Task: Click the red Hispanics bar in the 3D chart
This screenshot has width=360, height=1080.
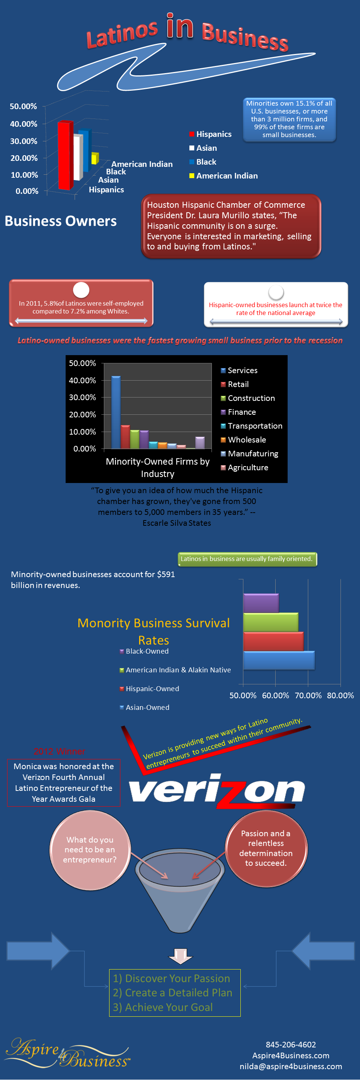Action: pos(65,155)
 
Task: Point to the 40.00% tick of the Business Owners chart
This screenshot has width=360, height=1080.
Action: pos(24,124)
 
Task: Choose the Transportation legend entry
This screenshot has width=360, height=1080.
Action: pos(254,426)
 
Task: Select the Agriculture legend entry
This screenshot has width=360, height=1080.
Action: pos(247,468)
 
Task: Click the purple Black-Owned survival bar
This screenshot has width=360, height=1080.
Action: pos(261,603)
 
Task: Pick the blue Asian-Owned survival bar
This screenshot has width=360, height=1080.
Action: pos(279,660)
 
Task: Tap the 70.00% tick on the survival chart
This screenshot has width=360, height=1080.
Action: pos(308,695)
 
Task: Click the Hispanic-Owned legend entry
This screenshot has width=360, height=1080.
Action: pos(152,688)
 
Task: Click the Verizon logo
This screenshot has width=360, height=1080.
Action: pos(217,790)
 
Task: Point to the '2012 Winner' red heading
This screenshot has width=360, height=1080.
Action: pos(60,751)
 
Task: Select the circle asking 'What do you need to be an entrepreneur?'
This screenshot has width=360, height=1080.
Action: pos(90,849)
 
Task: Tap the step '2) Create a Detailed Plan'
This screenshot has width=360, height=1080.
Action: pos(172,992)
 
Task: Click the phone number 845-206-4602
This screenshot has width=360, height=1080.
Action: pos(290,1044)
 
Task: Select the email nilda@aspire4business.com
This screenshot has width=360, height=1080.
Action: pos(290,1066)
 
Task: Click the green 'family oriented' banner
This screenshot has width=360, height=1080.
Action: pos(247,559)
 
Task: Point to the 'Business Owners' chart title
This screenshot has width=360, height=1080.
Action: pos(61,221)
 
